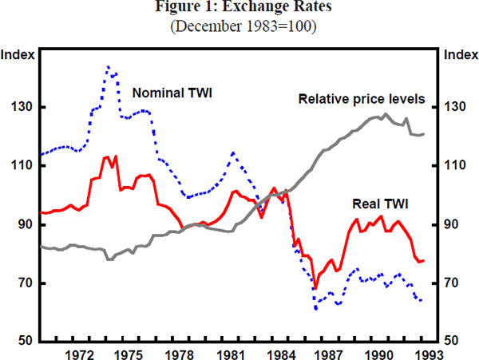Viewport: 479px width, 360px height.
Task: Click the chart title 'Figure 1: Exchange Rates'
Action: tap(239, 10)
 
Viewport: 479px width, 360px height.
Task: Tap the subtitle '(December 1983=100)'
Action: tap(239, 26)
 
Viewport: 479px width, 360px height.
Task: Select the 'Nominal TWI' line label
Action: tap(176, 92)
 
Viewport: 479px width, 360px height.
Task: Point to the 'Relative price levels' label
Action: tap(361, 100)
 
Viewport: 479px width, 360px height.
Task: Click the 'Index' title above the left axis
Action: tap(18, 55)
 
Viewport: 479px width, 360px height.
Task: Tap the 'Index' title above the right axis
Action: tap(459, 55)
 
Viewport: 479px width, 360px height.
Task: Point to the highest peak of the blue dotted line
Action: tap(109, 67)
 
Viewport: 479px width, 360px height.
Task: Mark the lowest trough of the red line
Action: tap(315, 287)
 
